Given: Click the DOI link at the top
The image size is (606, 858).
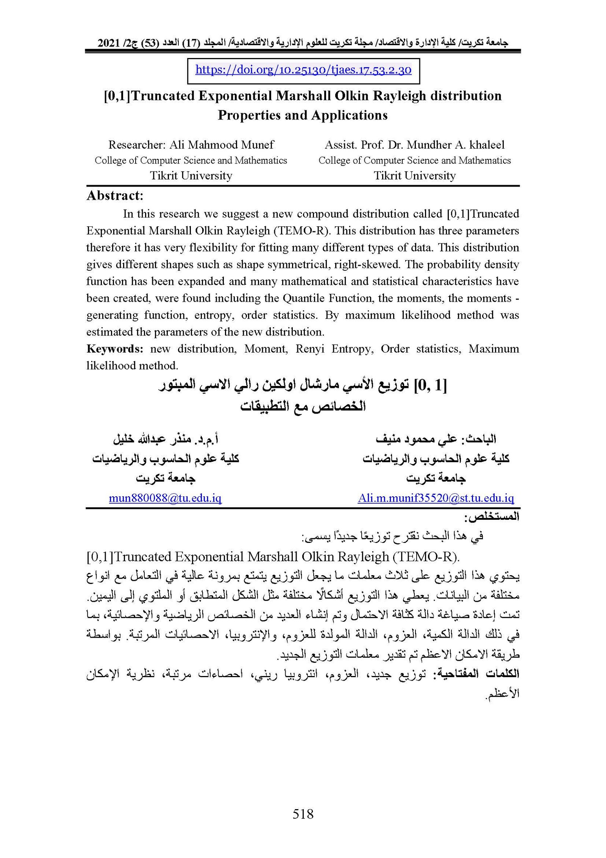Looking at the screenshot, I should click(303, 70).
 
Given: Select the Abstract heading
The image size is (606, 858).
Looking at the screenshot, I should click(115, 196).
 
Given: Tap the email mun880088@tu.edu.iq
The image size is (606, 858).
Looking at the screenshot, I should click(165, 498).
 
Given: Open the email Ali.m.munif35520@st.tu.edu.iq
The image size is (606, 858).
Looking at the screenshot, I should click(436, 498).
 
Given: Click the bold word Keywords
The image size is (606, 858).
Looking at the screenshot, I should click(114, 349).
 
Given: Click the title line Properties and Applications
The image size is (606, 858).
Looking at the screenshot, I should click(303, 115).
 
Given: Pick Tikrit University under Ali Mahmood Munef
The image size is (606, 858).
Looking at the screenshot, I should click(191, 176).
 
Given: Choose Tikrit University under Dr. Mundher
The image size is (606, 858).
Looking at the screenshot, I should click(415, 176).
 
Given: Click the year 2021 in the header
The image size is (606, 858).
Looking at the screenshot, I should click(109, 43).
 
